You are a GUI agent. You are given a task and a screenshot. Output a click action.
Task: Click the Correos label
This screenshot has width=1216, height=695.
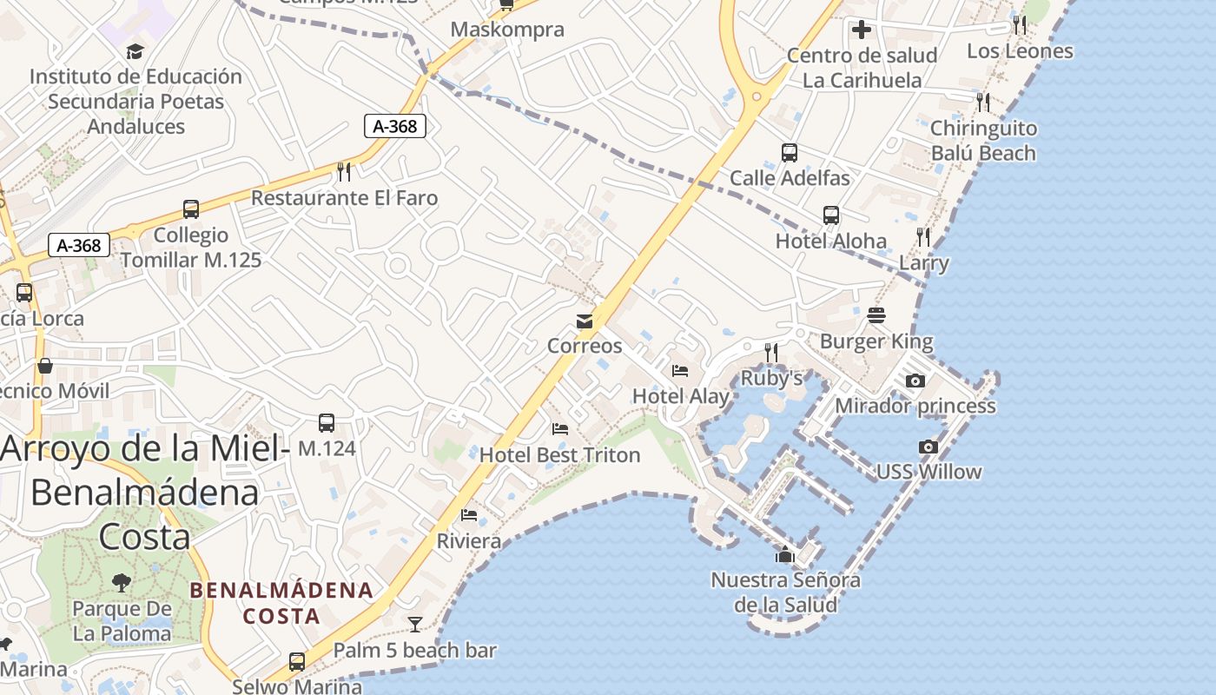(x=585, y=346)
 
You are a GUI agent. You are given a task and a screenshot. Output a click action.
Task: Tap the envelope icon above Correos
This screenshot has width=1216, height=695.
(x=585, y=321)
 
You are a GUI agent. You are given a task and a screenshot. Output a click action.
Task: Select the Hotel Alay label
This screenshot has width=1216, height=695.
(x=681, y=396)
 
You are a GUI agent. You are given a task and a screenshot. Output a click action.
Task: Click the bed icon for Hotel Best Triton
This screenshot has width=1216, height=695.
(x=560, y=429)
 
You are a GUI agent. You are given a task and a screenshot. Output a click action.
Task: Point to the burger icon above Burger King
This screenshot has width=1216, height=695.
(x=876, y=315)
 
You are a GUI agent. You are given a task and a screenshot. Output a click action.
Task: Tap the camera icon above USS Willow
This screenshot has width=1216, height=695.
(x=929, y=447)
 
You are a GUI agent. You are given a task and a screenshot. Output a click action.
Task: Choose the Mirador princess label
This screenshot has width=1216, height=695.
(x=915, y=406)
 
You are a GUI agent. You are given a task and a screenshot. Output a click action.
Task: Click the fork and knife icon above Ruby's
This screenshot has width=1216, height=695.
(x=771, y=352)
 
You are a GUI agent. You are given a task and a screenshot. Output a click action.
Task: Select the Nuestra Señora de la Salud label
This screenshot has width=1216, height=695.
(x=786, y=592)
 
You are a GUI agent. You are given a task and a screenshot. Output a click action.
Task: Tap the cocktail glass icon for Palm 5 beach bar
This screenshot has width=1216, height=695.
(x=415, y=624)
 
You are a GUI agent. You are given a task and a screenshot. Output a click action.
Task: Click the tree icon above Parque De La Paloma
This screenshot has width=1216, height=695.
(x=122, y=583)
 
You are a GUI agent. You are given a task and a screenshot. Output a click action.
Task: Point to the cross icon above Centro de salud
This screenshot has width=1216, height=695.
(x=862, y=30)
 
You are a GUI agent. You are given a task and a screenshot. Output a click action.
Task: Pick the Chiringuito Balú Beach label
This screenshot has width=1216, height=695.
(x=983, y=141)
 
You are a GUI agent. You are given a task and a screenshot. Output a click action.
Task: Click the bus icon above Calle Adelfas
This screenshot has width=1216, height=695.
(x=790, y=153)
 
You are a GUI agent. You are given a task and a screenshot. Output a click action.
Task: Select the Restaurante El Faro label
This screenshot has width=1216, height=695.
(x=344, y=198)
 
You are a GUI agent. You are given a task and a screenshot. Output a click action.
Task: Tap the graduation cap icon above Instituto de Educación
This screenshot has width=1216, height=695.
(x=135, y=51)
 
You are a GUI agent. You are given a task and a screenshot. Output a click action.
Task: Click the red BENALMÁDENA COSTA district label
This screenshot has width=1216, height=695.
(x=281, y=603)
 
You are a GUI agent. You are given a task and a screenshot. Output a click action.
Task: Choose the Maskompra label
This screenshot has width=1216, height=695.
(x=507, y=30)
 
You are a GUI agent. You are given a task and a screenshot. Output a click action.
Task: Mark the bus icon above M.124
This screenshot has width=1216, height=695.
(x=327, y=423)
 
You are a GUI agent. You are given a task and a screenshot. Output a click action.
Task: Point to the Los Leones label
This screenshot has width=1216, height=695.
(x=1020, y=51)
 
